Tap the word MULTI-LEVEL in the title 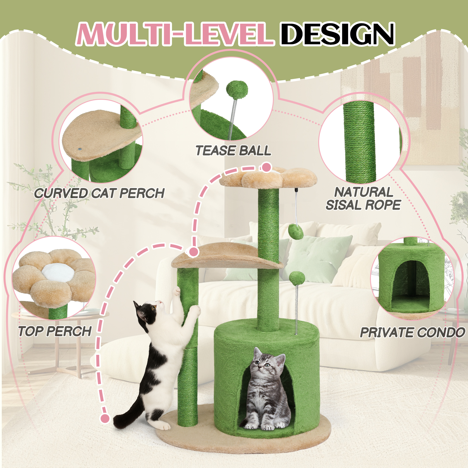pyautogui.click(x=175, y=34)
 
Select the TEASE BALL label pyautogui.click(x=233, y=151)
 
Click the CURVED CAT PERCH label pyautogui.click(x=99, y=193)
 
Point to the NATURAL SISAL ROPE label pyautogui.click(x=363, y=199)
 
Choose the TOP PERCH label pyautogui.click(x=55, y=331)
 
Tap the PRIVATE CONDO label pyautogui.click(x=412, y=333)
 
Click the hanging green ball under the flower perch pyautogui.click(x=295, y=231)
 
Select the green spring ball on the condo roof pyautogui.click(x=297, y=278)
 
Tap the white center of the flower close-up pyautogui.click(x=58, y=273)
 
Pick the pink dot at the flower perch pyautogui.click(x=266, y=168)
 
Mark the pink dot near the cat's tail pyautogui.click(x=105, y=419)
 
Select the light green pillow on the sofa pyautogui.click(x=317, y=257)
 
